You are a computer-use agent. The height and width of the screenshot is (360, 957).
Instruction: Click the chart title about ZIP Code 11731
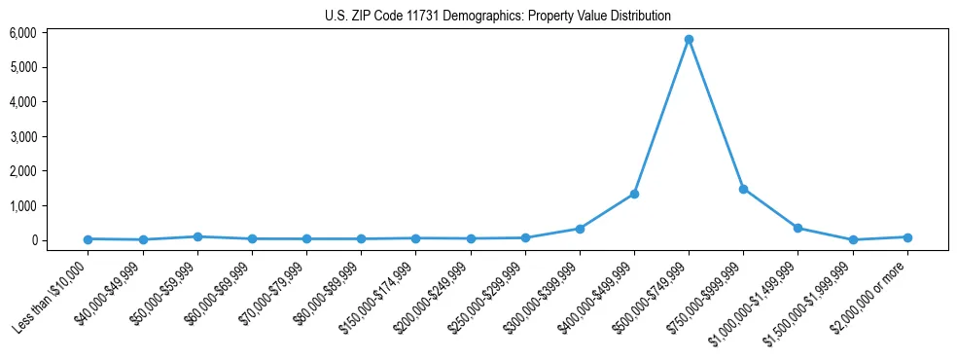(497, 16)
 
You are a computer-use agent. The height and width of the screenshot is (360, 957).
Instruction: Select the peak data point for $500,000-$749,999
(689, 40)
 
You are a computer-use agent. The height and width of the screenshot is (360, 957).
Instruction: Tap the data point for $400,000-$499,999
(634, 194)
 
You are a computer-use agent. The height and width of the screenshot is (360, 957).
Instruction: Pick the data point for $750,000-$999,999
(743, 189)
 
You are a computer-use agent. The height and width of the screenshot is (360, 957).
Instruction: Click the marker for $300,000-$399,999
(580, 229)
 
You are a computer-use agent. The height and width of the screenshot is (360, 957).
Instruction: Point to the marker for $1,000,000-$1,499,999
(797, 228)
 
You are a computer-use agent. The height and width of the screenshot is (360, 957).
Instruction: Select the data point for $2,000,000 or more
(907, 237)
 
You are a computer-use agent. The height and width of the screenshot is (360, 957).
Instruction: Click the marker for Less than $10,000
(89, 239)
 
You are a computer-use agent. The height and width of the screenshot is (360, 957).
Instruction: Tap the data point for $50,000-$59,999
(197, 236)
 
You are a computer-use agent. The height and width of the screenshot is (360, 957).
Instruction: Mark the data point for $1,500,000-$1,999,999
(853, 239)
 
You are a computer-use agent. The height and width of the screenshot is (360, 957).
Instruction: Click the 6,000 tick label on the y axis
(23, 33)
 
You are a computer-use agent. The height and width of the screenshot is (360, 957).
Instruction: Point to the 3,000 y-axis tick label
(23, 137)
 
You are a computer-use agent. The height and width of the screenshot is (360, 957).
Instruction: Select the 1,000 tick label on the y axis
(23, 206)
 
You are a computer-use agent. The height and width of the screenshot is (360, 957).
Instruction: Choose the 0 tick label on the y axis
(33, 240)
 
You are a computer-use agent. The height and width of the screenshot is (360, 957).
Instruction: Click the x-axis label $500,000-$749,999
(653, 298)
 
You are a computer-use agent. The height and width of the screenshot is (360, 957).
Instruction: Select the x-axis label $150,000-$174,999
(379, 298)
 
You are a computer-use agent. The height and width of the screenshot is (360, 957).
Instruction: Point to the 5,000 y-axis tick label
(23, 67)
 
